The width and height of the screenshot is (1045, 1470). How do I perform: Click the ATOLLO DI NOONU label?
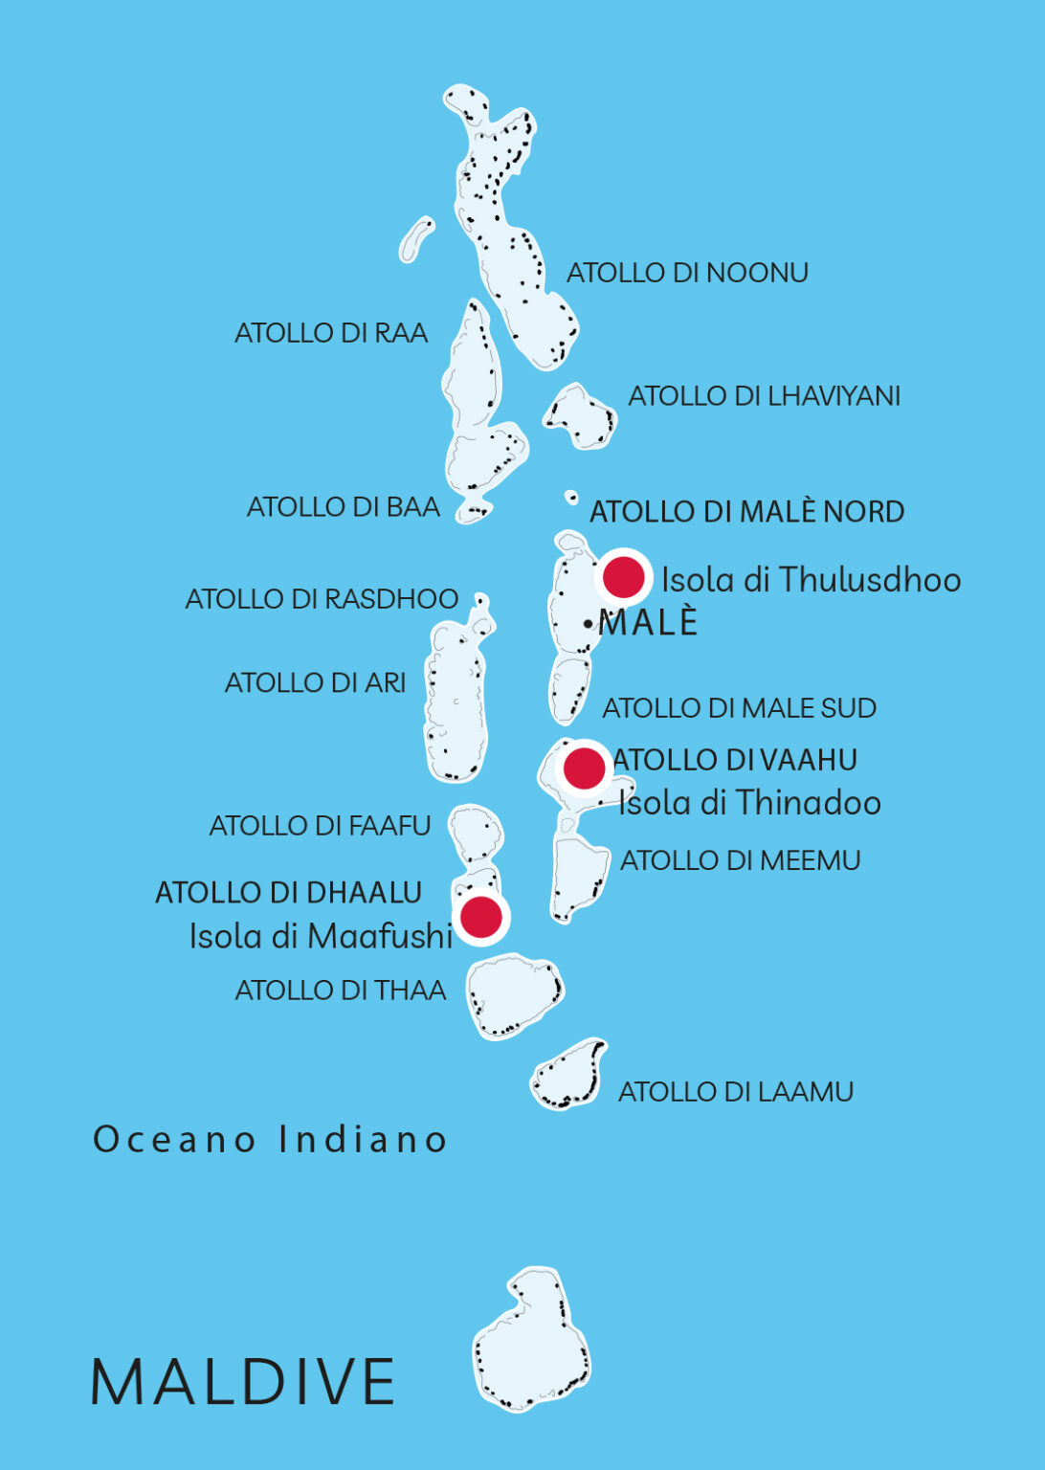coord(687,273)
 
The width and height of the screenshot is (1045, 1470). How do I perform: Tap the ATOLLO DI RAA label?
coord(331,333)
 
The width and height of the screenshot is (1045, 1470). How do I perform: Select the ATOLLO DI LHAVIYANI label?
coord(764,395)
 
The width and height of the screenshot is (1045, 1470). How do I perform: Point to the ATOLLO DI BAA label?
coord(344,506)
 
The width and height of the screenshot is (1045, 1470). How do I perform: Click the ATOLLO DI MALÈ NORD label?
coord(746,511)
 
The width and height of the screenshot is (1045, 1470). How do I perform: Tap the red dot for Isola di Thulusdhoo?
coord(623,578)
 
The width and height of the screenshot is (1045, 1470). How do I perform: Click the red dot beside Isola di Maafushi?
coord(481,917)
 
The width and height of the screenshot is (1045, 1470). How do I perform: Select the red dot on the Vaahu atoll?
coord(584,768)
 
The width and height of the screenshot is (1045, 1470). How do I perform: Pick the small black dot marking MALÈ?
coord(588,624)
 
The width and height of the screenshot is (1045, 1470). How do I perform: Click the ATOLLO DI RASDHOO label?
coord(322,599)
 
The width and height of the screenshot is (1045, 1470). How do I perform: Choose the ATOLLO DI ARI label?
coord(315,682)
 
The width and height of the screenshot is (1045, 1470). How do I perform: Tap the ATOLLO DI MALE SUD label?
coord(739,708)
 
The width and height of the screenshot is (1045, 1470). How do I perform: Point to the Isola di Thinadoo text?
coord(749,802)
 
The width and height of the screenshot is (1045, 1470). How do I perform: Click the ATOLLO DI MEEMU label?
coord(740,860)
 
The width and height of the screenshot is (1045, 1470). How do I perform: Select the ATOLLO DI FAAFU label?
coord(320,825)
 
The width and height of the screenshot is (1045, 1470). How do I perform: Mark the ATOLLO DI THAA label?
coord(341,990)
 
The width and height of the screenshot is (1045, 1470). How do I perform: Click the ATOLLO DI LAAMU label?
coord(735,1091)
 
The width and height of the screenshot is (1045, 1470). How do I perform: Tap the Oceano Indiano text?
coord(270,1139)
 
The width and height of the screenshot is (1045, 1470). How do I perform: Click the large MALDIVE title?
coord(242,1381)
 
